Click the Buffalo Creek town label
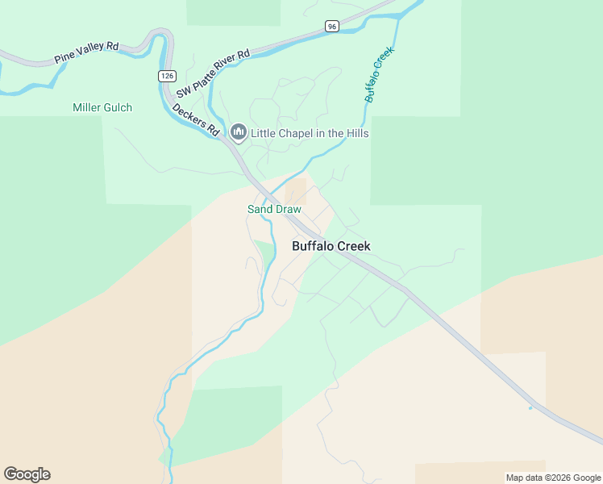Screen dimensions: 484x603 click(x=331, y=246)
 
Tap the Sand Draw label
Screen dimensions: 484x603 click(x=274, y=209)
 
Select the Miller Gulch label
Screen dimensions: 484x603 click(x=102, y=107)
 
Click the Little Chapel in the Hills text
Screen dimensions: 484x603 click(x=310, y=133)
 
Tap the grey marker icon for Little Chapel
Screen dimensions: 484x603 click(x=238, y=131)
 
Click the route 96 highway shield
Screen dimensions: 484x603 click(x=332, y=26)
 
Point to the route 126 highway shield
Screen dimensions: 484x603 click(x=166, y=76)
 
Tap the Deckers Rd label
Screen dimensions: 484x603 click(x=196, y=118)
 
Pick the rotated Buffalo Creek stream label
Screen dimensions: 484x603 click(x=379, y=74)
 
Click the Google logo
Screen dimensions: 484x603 click(x=27, y=474)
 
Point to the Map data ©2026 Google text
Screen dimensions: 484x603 click(x=553, y=478)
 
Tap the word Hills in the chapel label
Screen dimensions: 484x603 click(x=356, y=133)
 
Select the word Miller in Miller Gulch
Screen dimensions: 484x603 click(x=86, y=107)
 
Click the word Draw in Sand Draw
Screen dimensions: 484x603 click(x=288, y=209)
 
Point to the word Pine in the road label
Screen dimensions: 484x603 click(x=64, y=59)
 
